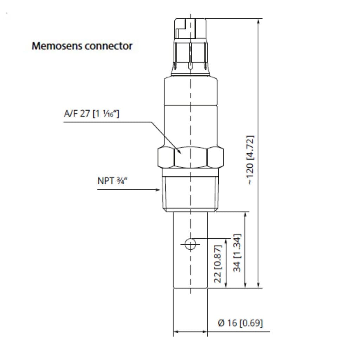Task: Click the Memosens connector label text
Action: (x=82, y=46)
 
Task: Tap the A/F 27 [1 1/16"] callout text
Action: (x=91, y=114)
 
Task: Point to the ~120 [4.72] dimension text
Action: (x=250, y=160)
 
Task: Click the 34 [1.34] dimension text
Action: (x=238, y=252)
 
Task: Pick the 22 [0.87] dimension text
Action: (x=218, y=264)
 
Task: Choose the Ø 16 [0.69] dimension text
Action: (x=240, y=323)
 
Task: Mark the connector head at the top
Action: (x=190, y=46)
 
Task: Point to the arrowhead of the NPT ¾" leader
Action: (x=159, y=190)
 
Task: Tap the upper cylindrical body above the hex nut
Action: (x=190, y=109)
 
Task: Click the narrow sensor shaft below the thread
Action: (x=190, y=267)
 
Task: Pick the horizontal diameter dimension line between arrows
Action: (x=190, y=331)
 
